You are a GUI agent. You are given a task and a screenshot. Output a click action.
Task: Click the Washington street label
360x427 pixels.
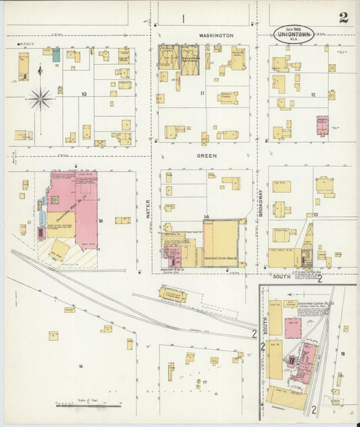[x=216, y=35]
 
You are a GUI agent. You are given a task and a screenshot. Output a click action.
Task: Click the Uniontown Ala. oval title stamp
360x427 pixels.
[x=293, y=34]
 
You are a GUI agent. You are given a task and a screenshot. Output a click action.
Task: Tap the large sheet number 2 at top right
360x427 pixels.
[x=344, y=18]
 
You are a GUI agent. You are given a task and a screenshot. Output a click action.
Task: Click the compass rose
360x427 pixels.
[x=40, y=99]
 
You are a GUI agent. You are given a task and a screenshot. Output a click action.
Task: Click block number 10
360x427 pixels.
[x=84, y=94]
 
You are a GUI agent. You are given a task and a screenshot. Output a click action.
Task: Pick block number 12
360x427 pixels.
[x=313, y=95]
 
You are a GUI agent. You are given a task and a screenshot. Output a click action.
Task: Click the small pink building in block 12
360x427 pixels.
[x=322, y=126]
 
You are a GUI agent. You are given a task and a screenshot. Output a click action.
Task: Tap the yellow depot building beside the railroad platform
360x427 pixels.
[x=173, y=295]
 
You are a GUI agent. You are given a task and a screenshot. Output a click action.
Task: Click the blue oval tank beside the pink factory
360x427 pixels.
[x=43, y=218]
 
